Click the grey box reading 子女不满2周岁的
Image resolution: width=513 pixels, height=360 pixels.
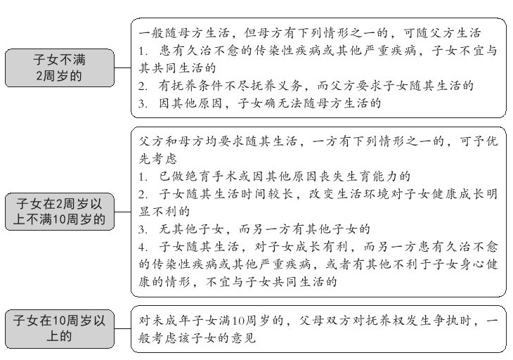coord(60,68)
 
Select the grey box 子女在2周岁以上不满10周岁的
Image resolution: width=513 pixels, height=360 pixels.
coord(60,212)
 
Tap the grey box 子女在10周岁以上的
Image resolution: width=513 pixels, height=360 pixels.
coord(60,328)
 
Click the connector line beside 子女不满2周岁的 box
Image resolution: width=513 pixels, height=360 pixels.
coord(123,68)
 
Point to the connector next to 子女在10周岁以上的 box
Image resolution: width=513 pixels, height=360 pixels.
coord(123,328)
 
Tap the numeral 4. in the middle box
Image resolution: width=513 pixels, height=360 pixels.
coord(142,247)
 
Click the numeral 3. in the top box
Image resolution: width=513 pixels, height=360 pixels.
coord(142,103)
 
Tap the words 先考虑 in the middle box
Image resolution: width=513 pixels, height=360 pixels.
coord(157,159)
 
